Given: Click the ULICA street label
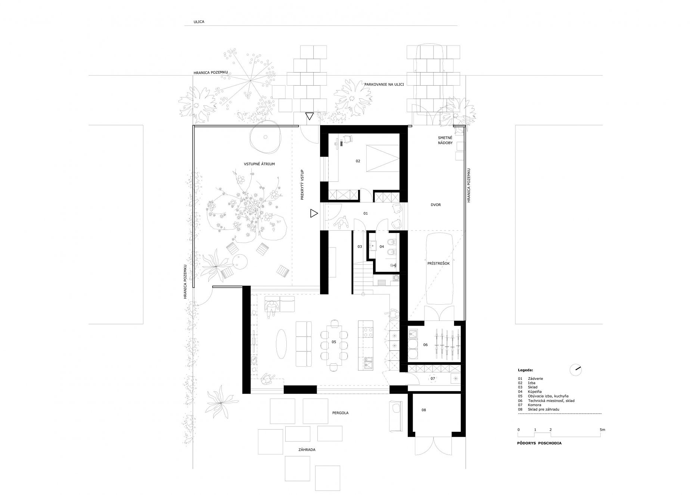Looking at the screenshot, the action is tap(199, 22).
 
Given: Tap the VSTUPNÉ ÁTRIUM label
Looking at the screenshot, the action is tap(260, 164).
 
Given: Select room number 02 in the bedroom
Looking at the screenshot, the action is tap(358, 161).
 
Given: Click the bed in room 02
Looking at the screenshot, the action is tap(382, 157).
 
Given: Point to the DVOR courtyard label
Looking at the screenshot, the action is tap(436, 205).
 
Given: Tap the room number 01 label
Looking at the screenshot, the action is tap(366, 213).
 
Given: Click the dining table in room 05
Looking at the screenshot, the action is tap(334, 344).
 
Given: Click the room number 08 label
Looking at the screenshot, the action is tap(423, 410).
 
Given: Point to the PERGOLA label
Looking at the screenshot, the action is tap(340, 413).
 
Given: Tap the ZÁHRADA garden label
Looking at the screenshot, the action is tap(307, 450).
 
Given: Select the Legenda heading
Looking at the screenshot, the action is tap(525, 370).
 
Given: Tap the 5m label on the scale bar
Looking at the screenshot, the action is tap(602, 430).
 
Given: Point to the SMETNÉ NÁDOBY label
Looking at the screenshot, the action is tap(445, 141).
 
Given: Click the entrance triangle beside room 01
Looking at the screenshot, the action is tap(314, 213).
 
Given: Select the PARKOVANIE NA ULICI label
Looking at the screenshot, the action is tap(384, 84).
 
